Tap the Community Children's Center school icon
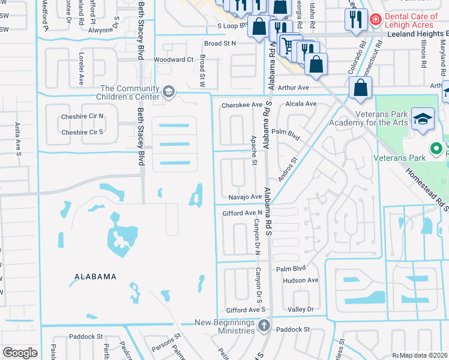pos(169,92)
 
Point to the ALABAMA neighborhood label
pos(95,277)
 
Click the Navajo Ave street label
pos(245,197)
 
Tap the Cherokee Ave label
pos(242,104)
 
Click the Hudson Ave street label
pos(300,280)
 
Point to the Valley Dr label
pos(301,309)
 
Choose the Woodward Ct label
pos(173,60)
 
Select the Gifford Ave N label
pos(242,213)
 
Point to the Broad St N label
pos(220,43)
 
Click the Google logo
pos(20,353)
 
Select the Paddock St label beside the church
pos(293,329)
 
